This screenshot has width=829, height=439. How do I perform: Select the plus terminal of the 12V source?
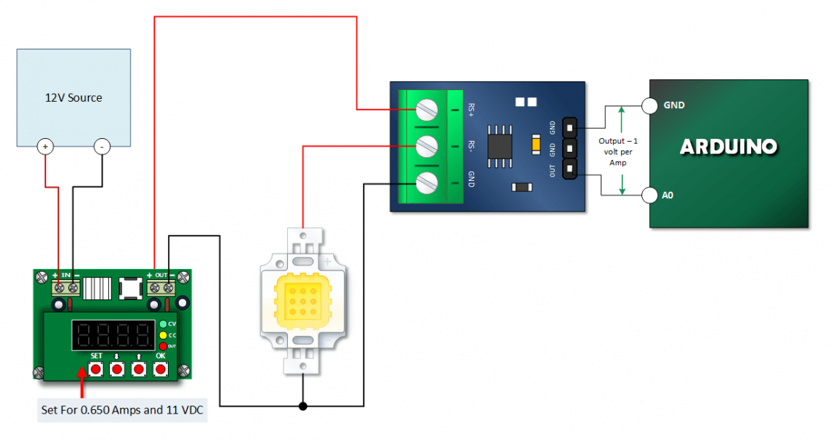[46, 147]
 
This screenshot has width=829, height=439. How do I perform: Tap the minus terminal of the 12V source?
[101, 147]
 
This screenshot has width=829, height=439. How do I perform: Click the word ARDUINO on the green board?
[728, 147]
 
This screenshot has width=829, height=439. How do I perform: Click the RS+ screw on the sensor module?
[427, 110]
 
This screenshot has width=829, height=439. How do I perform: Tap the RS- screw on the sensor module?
[427, 146]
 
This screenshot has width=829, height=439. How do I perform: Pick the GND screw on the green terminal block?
[427, 182]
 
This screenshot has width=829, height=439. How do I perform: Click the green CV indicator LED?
[163, 324]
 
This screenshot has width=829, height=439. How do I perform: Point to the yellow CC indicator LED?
[163, 335]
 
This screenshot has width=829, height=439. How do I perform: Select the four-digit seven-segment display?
[113, 335]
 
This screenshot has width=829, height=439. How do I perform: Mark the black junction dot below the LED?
[303, 406]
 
